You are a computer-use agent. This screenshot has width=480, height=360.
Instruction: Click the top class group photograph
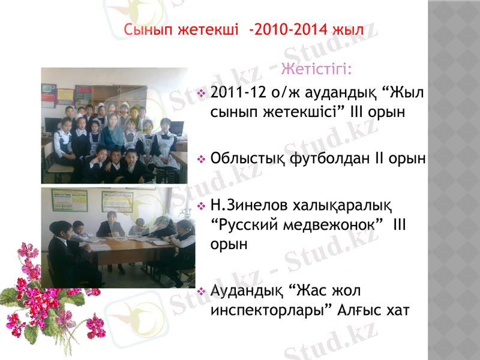[114, 125]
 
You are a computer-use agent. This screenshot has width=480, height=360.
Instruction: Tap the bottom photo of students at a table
[118, 237]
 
